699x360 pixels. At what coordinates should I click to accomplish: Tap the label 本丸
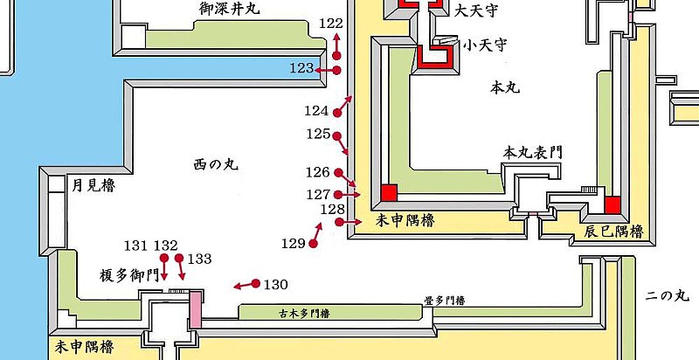506,88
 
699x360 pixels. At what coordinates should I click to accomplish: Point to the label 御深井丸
230,10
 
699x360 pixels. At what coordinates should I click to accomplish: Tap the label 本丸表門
530,153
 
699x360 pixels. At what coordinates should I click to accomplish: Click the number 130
275,285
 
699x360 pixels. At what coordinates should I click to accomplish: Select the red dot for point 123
336,70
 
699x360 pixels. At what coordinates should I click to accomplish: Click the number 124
317,111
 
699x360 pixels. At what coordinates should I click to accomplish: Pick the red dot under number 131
163,259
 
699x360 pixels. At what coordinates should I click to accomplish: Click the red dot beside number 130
255,283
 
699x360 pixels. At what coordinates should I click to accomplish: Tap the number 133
199,259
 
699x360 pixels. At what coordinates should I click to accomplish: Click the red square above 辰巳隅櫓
612,204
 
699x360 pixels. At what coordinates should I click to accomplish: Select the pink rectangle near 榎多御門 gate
196,310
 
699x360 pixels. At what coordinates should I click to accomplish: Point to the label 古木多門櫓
306,311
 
